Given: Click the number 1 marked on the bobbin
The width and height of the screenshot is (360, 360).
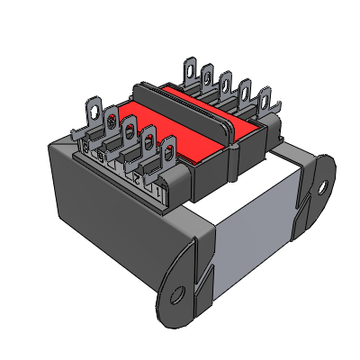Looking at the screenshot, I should tap(159, 190).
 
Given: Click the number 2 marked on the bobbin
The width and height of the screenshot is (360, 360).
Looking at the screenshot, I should tap(137, 180).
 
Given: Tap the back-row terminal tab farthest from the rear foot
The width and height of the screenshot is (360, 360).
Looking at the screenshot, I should tap(190, 69).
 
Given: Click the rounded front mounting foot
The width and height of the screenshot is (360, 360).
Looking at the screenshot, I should tap(180, 288).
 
